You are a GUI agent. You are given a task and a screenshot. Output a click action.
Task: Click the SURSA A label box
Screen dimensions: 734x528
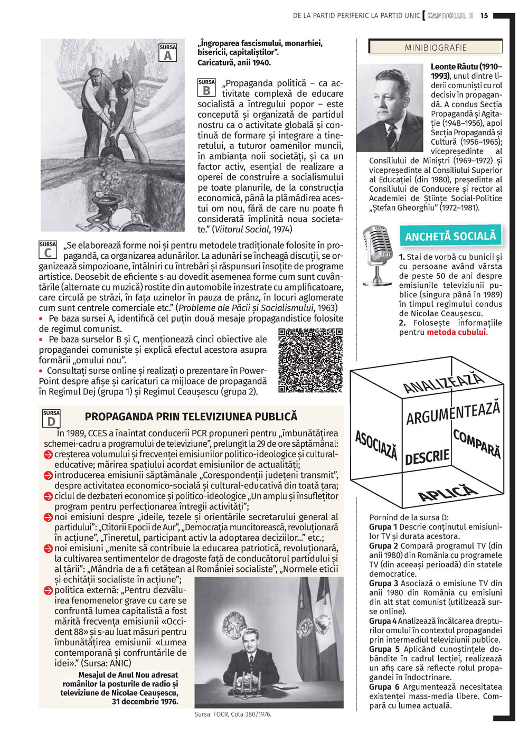[x=167, y=53]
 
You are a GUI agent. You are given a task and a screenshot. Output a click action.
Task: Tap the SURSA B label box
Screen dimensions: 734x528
[x=206, y=88]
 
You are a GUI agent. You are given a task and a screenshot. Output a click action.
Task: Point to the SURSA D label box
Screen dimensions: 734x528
[x=51, y=418]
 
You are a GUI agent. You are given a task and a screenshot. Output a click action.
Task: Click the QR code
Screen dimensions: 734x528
[x=310, y=360]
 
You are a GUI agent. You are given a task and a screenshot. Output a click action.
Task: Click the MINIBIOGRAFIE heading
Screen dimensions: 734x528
[x=436, y=48]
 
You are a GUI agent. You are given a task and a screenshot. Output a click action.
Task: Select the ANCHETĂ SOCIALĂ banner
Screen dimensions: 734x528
[x=450, y=236]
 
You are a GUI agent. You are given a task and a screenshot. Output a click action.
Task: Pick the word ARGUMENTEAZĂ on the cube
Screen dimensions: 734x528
[x=452, y=413]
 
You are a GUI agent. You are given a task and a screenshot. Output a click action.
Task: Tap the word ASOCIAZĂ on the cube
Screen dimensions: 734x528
[x=376, y=445]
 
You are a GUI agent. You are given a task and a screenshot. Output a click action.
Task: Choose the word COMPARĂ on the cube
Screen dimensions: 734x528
[x=476, y=444]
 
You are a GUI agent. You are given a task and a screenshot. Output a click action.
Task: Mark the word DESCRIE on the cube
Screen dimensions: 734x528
[x=427, y=457]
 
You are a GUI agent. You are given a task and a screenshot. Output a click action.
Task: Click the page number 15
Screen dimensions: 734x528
[x=484, y=16]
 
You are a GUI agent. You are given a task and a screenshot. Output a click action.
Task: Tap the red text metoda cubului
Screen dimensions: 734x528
[x=456, y=332]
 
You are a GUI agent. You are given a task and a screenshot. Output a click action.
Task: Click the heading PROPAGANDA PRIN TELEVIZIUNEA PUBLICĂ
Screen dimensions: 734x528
[x=191, y=417]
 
